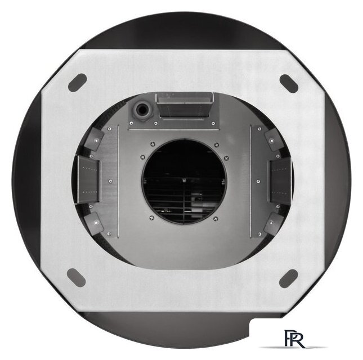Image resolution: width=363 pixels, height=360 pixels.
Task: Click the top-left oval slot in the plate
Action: [x=77, y=83]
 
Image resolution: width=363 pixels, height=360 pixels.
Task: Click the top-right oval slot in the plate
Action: [x=289, y=84]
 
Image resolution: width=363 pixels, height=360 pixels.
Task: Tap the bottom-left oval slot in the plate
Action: [x=76, y=278]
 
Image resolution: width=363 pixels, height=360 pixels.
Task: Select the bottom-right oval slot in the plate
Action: [x=288, y=278]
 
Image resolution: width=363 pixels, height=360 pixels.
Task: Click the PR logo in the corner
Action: [x=294, y=339]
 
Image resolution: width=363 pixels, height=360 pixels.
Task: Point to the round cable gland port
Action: [x=142, y=110]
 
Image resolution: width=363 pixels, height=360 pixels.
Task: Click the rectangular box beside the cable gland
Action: [x=185, y=106]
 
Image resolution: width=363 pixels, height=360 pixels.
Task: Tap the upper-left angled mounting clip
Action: [x=94, y=139]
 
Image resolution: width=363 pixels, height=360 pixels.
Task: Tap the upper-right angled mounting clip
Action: [x=274, y=139]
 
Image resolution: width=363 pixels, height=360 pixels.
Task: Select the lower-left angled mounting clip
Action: [x=93, y=223]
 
